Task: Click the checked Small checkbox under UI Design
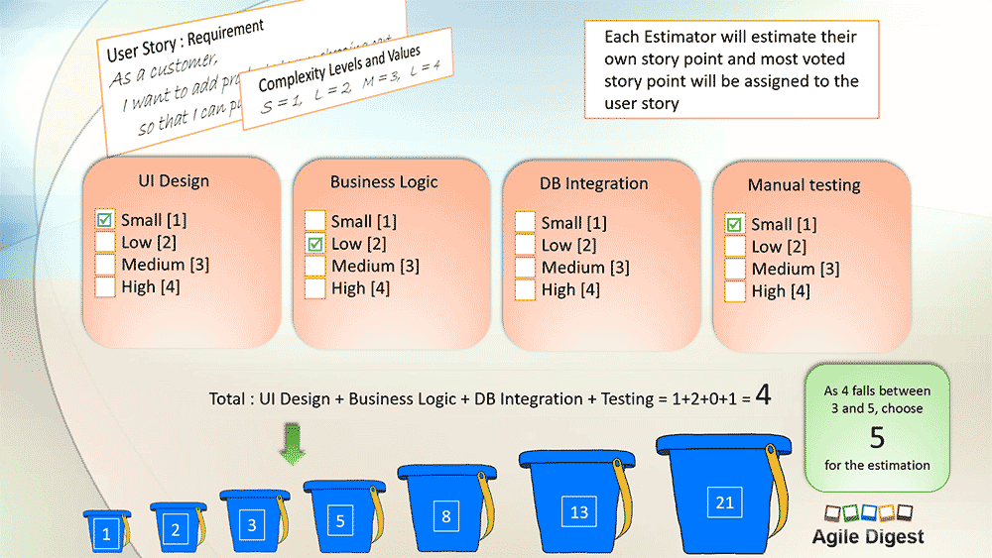[105, 219]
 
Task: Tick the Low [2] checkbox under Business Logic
[314, 244]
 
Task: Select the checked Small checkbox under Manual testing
[735, 224]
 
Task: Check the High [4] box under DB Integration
[525, 289]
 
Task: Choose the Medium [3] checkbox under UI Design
[105, 265]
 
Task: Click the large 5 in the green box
[877, 437]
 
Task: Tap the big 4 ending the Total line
[763, 395]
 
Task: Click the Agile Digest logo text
[867, 536]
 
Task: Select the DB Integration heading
[593, 183]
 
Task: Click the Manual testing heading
[804, 185]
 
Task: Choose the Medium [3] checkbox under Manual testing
[735, 269]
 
